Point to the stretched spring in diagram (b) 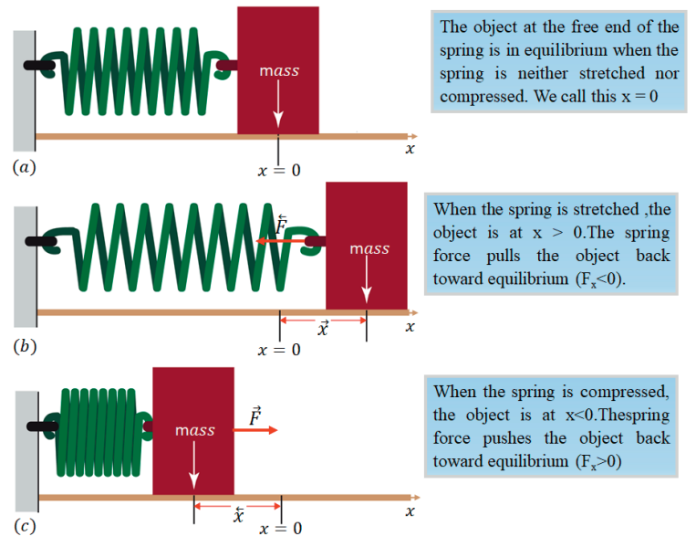click(182, 242)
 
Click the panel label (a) click(24, 167)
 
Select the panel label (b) click(24, 347)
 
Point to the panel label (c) click(24, 527)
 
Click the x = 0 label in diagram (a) click(278, 170)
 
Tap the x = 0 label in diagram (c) click(281, 529)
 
